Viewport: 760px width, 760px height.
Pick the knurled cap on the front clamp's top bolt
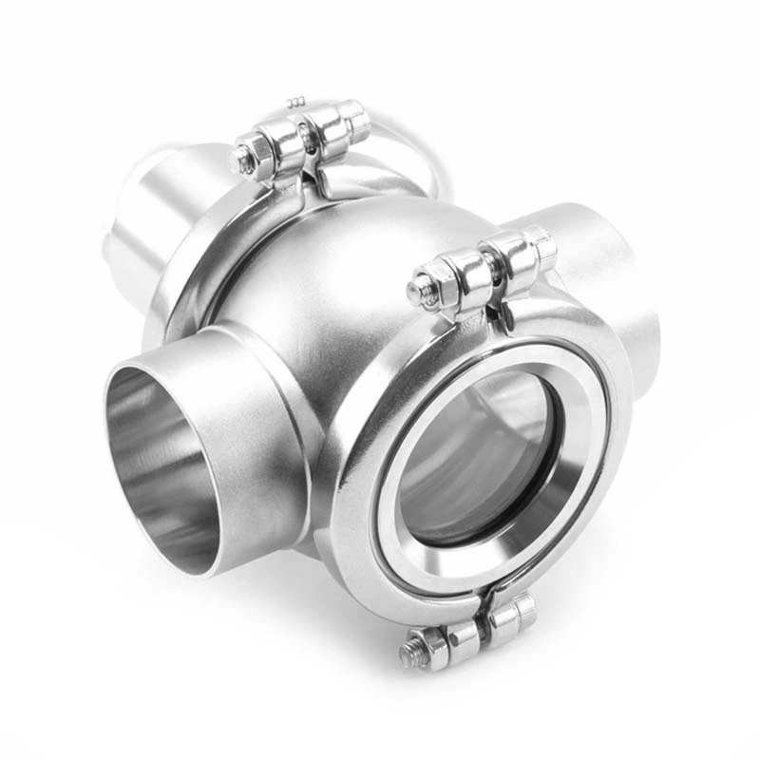click(541, 246)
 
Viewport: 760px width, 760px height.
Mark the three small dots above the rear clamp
click(296, 101)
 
